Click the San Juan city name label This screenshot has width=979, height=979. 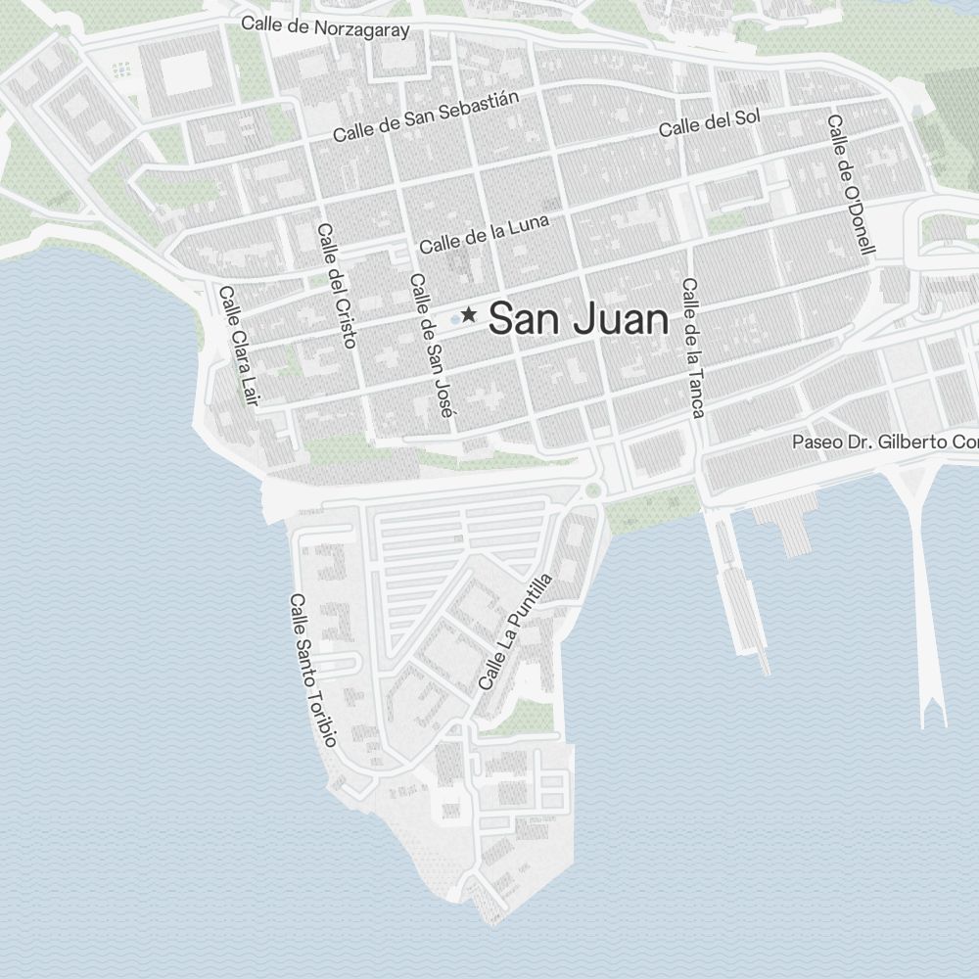(579, 319)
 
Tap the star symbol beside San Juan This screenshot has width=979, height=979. (469, 314)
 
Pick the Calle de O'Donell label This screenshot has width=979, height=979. (850, 184)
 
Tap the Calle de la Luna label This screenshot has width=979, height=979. (485, 234)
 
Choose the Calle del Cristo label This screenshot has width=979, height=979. (337, 285)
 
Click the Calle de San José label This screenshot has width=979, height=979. (431, 347)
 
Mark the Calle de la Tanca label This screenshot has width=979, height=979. (693, 348)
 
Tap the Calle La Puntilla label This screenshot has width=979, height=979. (515, 631)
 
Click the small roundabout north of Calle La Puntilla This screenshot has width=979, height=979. (591, 490)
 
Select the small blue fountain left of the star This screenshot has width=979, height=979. (455, 319)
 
